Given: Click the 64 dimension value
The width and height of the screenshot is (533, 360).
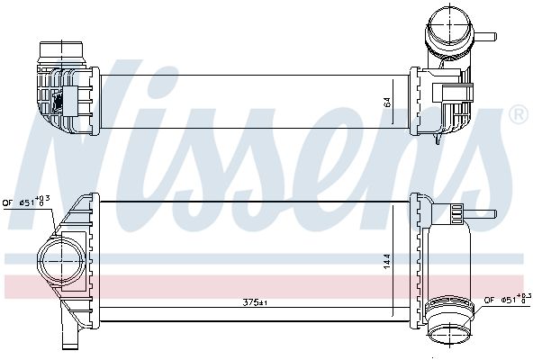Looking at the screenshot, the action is pos(387,102).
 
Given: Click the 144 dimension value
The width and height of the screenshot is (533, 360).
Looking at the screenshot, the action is pos(387,262).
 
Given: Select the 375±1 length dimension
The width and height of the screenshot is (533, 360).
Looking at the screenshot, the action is pos(255,302).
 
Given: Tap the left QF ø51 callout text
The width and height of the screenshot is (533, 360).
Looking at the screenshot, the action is pos(26,202).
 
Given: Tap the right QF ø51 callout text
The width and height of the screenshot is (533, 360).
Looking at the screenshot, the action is pos(508,299).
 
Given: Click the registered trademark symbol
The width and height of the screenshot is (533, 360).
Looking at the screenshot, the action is pos(519,115).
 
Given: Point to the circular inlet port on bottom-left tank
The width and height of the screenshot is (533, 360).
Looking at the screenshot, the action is pos(61,261).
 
